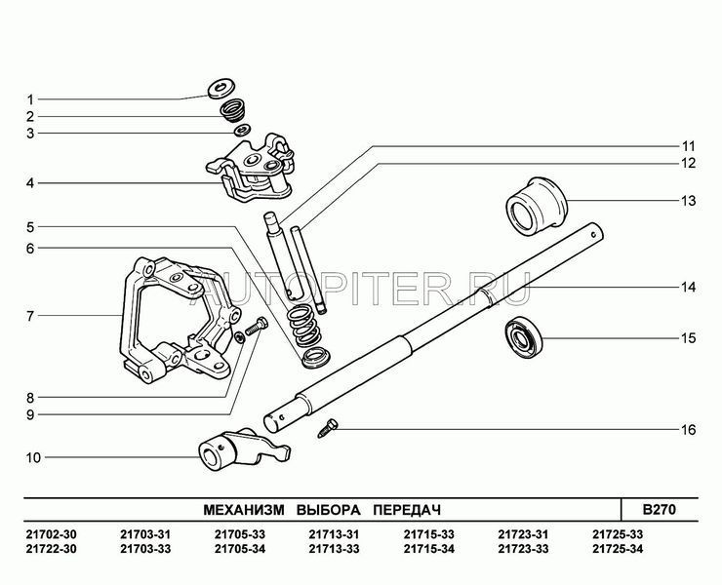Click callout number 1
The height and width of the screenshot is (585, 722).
(30, 98)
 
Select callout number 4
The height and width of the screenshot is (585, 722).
(30, 182)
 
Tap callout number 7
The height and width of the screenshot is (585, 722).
(30, 316)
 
